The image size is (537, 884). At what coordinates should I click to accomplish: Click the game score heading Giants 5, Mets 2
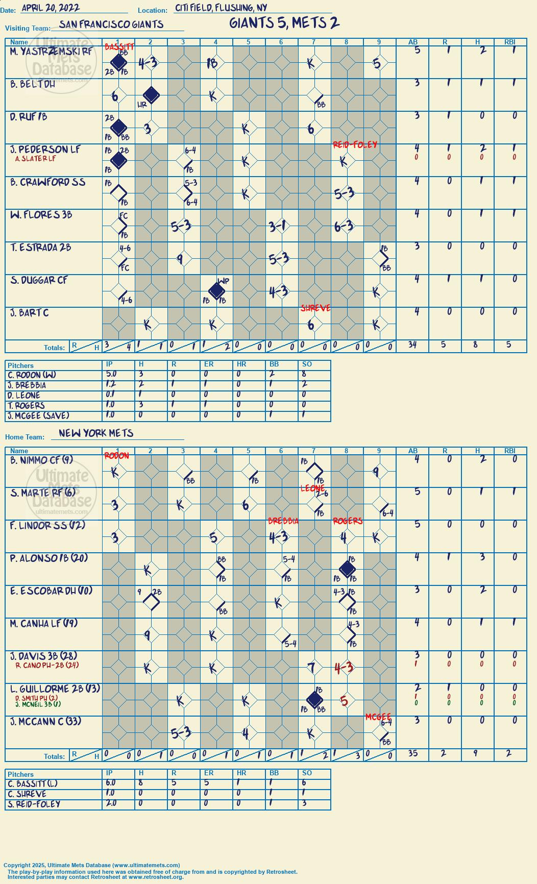284,23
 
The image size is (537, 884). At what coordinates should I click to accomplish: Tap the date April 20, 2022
51,8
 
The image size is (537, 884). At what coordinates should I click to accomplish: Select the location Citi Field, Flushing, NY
221,8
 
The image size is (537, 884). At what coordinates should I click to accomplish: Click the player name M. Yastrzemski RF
51,52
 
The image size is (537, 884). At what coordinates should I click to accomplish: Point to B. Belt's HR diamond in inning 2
151,95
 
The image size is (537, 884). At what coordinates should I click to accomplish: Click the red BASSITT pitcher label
119,47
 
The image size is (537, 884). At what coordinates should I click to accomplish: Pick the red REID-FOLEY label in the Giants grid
355,145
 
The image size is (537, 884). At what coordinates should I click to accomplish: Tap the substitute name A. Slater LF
35,159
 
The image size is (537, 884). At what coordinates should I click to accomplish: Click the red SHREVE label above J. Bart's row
315,308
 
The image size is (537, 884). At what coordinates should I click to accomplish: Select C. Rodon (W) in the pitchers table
32,375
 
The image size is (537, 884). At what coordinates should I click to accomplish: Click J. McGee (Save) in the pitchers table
38,416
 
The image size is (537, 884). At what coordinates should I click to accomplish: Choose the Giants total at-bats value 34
412,345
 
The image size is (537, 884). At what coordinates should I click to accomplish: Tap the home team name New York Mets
96,433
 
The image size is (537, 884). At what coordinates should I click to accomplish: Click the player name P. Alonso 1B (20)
48,558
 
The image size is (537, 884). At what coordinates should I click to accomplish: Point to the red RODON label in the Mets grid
116,456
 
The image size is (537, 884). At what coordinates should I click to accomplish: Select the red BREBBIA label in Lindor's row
283,521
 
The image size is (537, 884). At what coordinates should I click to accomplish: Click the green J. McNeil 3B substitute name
38,704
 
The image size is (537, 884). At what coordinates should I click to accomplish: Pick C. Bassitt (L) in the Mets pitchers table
33,784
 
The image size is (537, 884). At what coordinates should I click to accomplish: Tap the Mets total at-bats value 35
412,754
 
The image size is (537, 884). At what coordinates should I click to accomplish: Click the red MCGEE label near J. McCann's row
378,717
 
